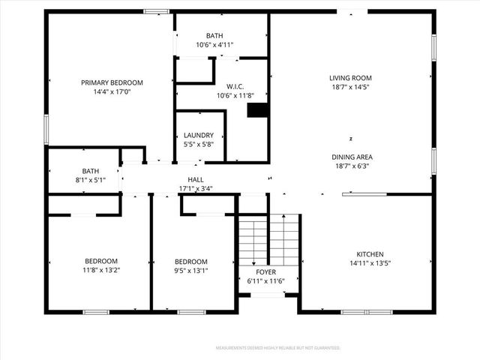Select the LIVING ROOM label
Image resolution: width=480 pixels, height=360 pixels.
pyautogui.click(x=350, y=78)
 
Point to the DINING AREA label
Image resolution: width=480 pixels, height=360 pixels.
pyautogui.click(x=352, y=157)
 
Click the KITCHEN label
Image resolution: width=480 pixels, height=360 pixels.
pyautogui.click(x=370, y=254)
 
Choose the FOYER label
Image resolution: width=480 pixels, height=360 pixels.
pyautogui.click(x=266, y=272)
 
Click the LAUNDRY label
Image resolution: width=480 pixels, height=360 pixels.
pyautogui.click(x=199, y=136)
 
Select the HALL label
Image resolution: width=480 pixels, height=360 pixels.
pyautogui.click(x=196, y=179)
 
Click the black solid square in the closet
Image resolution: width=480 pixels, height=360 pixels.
pyautogui.click(x=257, y=110)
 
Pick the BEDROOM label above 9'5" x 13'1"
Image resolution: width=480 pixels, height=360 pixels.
pyautogui.click(x=190, y=262)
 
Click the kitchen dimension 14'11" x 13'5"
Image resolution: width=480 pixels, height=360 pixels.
pyautogui.click(x=370, y=263)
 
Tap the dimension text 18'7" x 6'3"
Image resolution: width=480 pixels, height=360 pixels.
pyautogui.click(x=352, y=166)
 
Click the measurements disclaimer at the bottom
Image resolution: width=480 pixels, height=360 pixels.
pyautogui.click(x=278, y=348)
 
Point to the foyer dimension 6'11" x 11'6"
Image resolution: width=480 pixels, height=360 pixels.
pyautogui.click(x=266, y=281)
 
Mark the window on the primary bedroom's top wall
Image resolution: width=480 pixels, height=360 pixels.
pyautogui.click(x=157, y=11)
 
